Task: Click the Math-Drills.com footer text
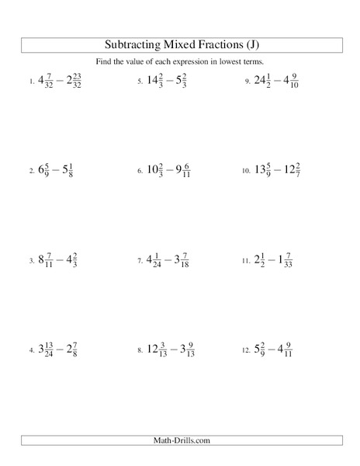pos(179,441)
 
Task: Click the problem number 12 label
pos(245,351)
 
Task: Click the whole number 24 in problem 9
pos(261,80)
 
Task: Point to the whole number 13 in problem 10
pos(261,170)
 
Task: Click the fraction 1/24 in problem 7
pos(159,260)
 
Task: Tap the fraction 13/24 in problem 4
pos(50,350)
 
